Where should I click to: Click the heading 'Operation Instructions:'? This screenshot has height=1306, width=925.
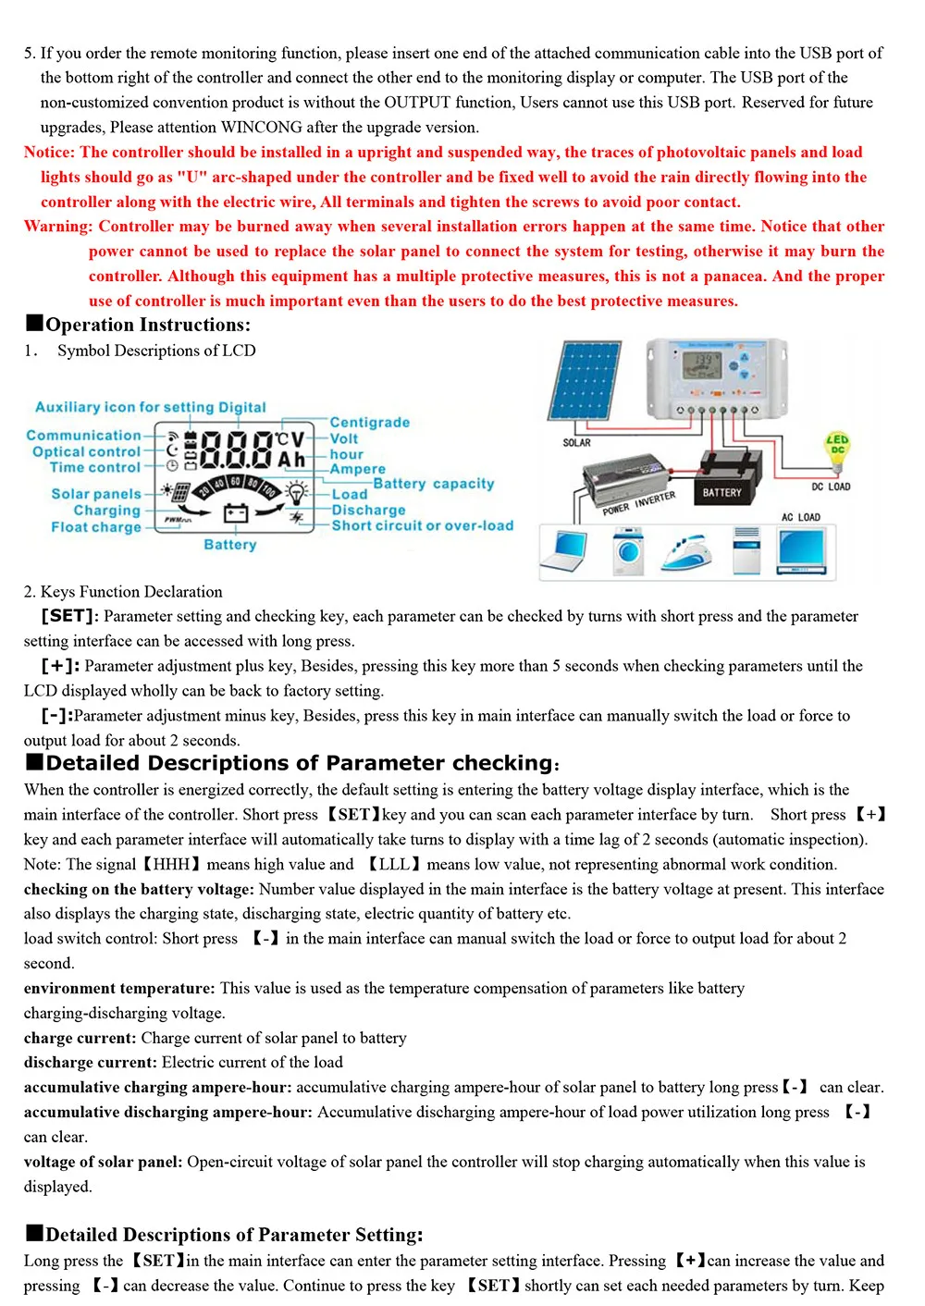pos(147,325)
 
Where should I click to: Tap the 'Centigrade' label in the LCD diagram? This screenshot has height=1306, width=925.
pos(369,423)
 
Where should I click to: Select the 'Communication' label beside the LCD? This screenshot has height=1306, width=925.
pos(83,435)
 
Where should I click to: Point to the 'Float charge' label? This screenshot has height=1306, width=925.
pos(96,527)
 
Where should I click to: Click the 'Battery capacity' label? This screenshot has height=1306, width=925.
pos(433,484)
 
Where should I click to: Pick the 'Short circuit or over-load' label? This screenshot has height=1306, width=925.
pos(422,525)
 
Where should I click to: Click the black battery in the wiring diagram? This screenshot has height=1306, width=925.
pos(722,482)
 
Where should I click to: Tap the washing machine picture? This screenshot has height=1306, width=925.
pos(629,552)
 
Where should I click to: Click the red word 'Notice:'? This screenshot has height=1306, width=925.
pos(49,153)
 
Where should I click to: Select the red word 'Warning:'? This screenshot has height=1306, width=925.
pos(58,227)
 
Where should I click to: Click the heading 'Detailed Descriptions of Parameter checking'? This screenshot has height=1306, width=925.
pos(299,763)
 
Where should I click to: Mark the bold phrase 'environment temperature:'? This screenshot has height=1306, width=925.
pos(119,988)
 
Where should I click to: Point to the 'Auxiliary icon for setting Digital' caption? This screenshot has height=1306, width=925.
pos(150,407)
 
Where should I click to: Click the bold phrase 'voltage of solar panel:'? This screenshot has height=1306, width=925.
pos(103,1162)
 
